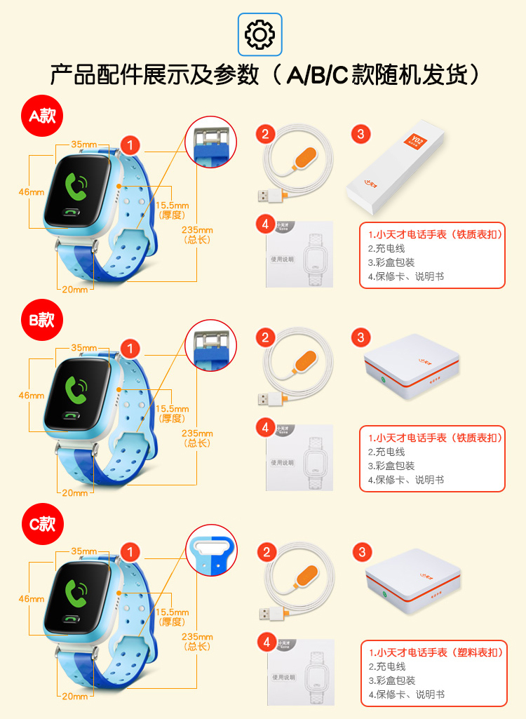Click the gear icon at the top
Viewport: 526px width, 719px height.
(259, 34)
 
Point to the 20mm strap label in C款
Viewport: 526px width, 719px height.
(74, 697)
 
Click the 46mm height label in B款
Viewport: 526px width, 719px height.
(32, 396)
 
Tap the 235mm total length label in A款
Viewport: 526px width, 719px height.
(197, 234)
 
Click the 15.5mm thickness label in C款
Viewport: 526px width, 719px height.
(172, 617)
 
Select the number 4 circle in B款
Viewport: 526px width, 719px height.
(264, 426)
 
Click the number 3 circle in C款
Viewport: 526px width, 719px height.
(361, 552)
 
